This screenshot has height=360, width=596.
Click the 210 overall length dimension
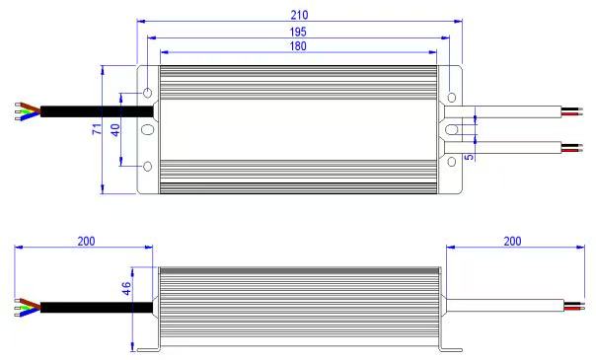[x=299, y=15]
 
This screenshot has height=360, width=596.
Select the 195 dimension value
[x=298, y=32]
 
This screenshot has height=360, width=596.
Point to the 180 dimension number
[x=298, y=46]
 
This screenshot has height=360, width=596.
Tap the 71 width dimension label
[x=98, y=129]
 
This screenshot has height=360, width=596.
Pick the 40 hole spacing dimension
[x=115, y=130]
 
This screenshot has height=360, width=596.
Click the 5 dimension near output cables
[x=470, y=156]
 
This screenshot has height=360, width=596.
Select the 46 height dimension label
[x=126, y=288]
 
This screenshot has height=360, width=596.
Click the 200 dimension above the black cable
[x=86, y=242]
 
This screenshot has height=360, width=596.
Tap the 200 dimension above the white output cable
[x=512, y=242]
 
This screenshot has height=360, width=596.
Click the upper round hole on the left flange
[x=147, y=93]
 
